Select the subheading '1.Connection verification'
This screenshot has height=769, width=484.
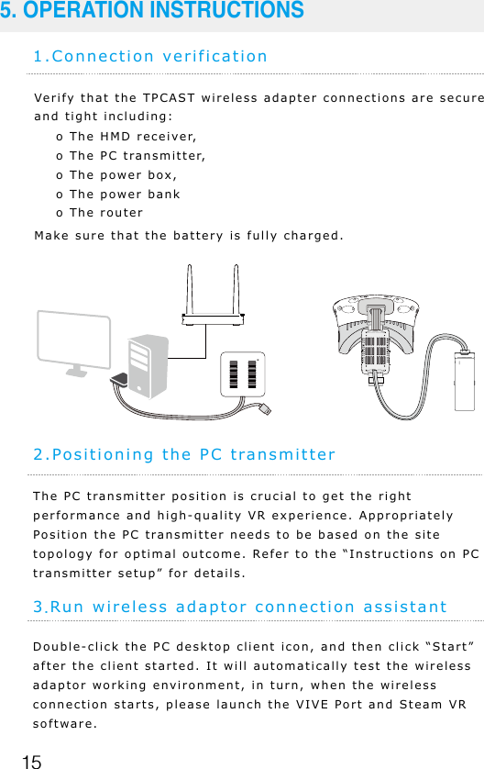coord(150,56)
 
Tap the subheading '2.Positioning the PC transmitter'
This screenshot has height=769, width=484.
coord(184,454)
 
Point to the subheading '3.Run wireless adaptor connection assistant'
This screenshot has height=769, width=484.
coord(240,607)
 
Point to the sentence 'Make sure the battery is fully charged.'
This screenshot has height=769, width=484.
coord(189,235)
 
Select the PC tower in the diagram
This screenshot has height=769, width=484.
coord(146,363)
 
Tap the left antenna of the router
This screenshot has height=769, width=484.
coord(189,289)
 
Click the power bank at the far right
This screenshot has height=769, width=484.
coord(467,379)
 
